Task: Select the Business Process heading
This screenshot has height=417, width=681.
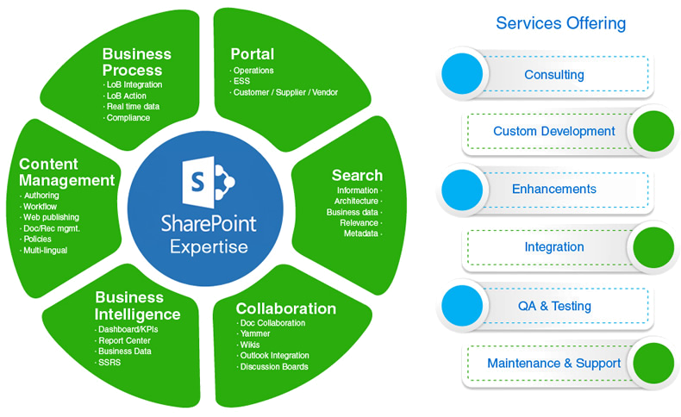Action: click(x=136, y=61)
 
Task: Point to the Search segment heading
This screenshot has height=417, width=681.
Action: click(x=357, y=175)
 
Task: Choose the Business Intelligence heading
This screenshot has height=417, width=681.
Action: click(x=137, y=306)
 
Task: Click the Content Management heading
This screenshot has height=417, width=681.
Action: click(x=66, y=172)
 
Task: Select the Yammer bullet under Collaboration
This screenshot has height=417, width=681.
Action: click(x=256, y=333)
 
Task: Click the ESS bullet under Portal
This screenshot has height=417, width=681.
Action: click(x=241, y=82)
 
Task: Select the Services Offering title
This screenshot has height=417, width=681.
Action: click(x=560, y=23)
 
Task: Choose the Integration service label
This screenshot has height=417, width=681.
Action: click(x=554, y=248)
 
